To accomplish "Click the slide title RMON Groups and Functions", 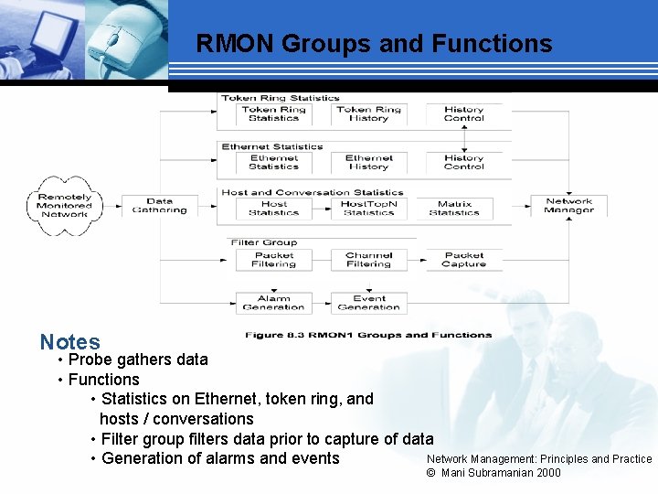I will [x=374, y=44].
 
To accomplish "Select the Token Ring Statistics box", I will [x=273, y=113].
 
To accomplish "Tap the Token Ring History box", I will [x=368, y=113].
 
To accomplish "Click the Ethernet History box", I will [x=368, y=163].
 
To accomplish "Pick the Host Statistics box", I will [x=273, y=209].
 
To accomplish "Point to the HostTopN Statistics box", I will [x=368, y=209].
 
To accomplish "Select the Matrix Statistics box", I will [x=454, y=209].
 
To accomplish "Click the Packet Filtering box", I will [x=273, y=260].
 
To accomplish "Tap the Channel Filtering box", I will [x=368, y=260].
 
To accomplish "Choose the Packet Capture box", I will [x=464, y=260].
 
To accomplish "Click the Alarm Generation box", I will [x=273, y=303].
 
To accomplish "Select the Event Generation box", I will [x=368, y=303].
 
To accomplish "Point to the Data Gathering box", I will [x=159, y=206].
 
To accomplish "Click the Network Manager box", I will [x=568, y=206].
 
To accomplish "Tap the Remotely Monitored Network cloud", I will [x=65, y=206].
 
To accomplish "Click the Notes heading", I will [x=69, y=342].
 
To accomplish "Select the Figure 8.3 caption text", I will [x=367, y=335].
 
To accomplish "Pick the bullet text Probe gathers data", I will [x=138, y=360].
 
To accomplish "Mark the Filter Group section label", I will [x=264, y=242].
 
